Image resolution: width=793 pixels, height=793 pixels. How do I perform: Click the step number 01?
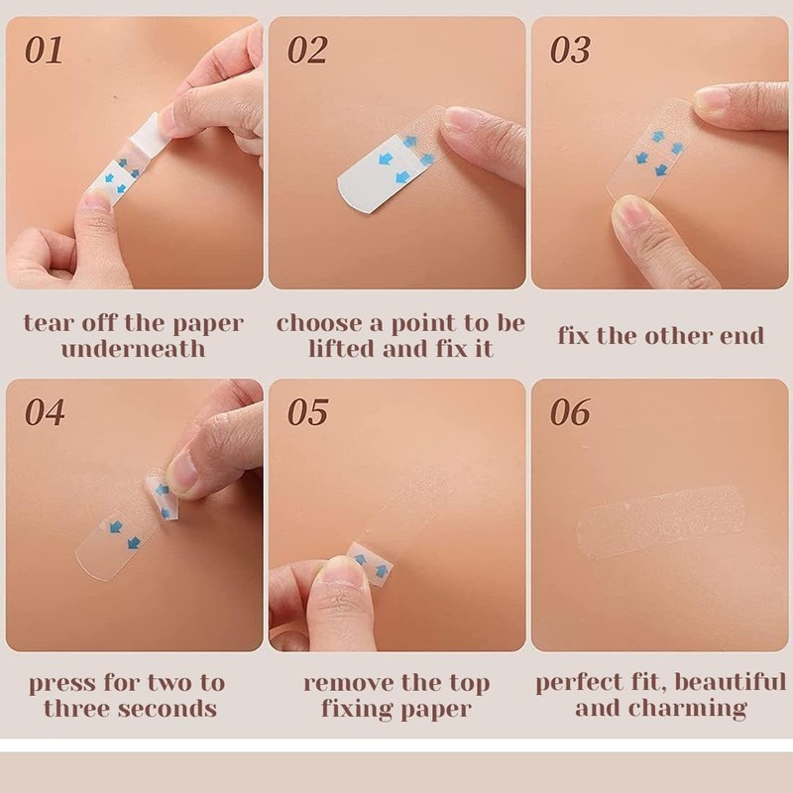pyautogui.click(x=44, y=51)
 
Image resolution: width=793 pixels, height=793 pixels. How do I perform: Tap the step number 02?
pyautogui.click(x=307, y=51)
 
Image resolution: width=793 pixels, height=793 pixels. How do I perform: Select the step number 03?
pyautogui.click(x=570, y=51)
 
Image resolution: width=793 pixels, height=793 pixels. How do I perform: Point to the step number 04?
pyautogui.click(x=45, y=412)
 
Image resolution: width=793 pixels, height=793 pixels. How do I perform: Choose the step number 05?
pyautogui.click(x=307, y=412)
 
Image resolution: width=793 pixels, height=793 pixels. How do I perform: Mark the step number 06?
pyautogui.click(x=570, y=412)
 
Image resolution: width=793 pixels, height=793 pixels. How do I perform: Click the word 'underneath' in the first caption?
pyautogui.click(x=133, y=348)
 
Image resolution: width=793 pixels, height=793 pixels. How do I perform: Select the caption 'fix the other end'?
pyautogui.click(x=660, y=335)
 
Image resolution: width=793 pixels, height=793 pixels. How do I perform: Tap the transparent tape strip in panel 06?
pyautogui.click(x=659, y=520)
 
